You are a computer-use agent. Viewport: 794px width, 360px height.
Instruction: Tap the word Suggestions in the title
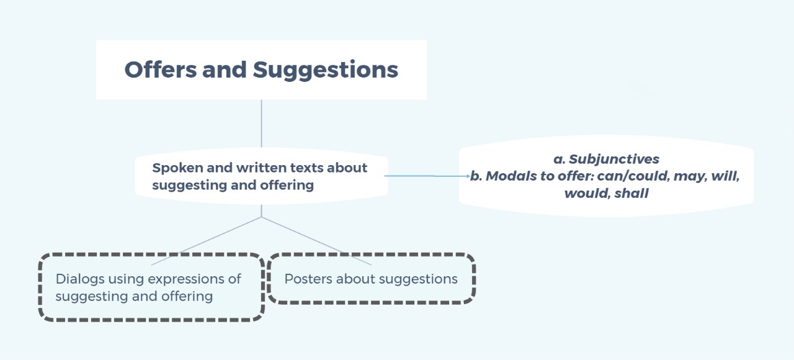tap(326, 70)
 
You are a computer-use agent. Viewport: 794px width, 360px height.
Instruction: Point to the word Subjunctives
tap(614, 160)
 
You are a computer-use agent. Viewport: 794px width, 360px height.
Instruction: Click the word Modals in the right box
tap(509, 176)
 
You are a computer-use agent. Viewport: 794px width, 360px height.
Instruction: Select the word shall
tap(631, 193)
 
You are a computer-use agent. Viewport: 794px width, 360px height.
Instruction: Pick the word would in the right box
tap(587, 194)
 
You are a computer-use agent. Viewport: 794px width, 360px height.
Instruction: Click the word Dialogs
tap(80, 279)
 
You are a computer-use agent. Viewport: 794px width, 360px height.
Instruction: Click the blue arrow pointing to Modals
tap(427, 176)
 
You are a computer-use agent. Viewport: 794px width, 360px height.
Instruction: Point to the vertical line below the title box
tap(262, 124)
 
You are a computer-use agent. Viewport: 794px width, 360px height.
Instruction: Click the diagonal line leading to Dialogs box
tap(207, 241)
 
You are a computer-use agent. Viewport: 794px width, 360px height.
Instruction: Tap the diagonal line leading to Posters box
tap(316, 241)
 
